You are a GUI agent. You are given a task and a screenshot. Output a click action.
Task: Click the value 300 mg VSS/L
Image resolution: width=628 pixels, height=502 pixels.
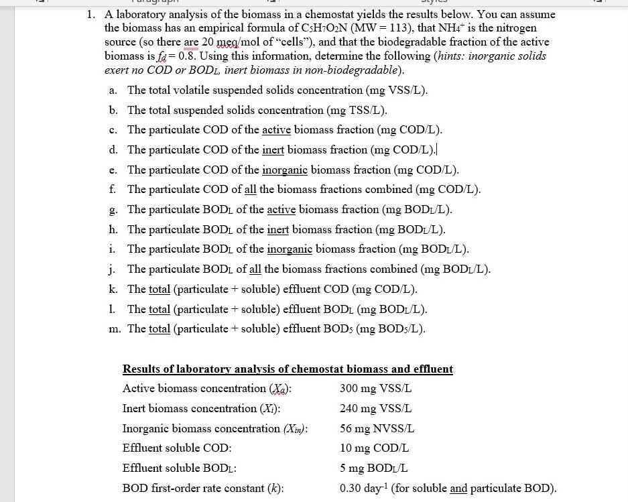(375, 389)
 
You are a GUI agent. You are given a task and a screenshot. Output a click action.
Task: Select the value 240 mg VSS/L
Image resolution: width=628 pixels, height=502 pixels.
(375, 408)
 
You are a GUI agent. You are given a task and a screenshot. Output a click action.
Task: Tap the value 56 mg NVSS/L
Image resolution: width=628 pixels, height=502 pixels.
(377, 428)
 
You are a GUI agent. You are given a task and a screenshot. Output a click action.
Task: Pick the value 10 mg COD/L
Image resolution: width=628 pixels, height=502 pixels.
(374, 448)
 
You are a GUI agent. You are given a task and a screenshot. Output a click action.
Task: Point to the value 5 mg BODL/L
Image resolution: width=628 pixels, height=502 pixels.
(373, 468)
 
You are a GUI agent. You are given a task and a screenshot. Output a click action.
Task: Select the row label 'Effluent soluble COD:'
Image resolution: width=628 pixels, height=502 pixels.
(176, 448)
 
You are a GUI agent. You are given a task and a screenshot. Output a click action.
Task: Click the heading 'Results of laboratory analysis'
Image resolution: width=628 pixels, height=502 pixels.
(287, 369)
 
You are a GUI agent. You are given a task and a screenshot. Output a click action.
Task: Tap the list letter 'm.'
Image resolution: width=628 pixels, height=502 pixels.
(117, 328)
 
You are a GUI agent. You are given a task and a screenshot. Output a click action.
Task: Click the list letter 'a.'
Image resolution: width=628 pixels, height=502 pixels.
(114, 90)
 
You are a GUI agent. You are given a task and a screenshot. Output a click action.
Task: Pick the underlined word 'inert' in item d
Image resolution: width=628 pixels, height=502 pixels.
(273, 149)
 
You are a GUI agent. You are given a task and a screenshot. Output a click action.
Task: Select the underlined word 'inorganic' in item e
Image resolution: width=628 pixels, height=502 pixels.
(284, 170)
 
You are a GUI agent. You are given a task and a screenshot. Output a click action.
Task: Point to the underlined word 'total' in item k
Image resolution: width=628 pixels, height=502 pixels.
(160, 289)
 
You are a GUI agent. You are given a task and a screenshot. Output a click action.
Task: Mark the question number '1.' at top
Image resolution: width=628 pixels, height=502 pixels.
(90, 14)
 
